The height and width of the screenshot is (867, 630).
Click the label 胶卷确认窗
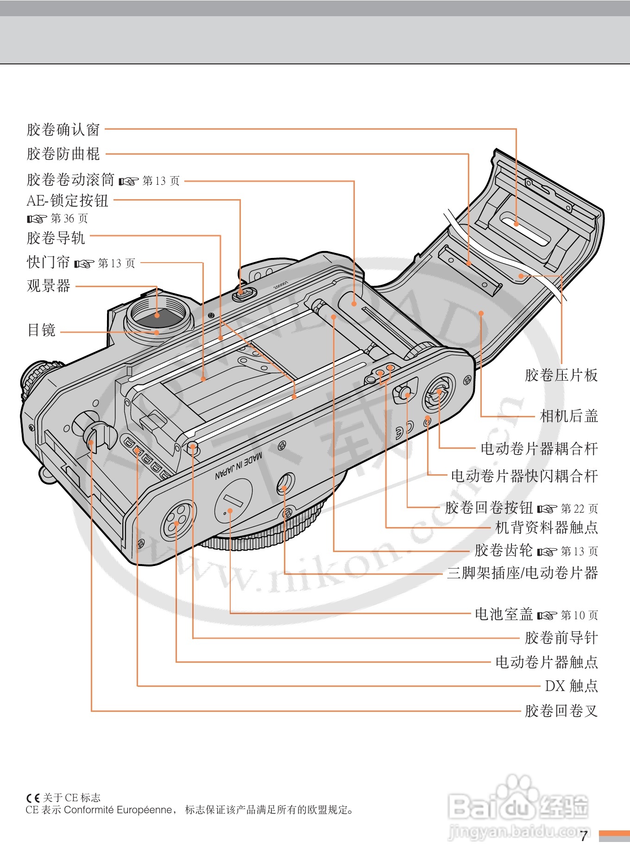coord(63,130)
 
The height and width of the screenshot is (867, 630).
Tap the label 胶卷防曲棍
coord(63,154)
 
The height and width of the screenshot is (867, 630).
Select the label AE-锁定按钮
coord(67,201)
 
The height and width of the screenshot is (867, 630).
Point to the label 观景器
coord(49,286)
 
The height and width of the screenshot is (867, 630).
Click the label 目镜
coord(42,330)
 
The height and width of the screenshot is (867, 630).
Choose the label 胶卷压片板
coord(561,375)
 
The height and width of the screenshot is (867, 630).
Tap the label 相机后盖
coord(569,416)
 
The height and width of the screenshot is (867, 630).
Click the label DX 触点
coord(571,686)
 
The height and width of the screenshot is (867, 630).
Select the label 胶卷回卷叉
coord(561,711)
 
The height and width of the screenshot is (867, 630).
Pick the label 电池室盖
coord(504,615)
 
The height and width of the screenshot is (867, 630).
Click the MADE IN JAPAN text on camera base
coord(238,466)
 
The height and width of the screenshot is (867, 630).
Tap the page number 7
coord(584,836)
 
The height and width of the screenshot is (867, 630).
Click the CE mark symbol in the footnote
coord(33,798)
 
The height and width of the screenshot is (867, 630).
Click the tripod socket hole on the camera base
coord(285,484)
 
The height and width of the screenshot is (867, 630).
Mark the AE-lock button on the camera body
coord(244,293)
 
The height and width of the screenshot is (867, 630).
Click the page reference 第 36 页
coord(69,218)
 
